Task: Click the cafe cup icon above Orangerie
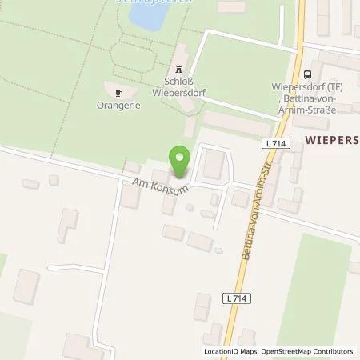point(120,91)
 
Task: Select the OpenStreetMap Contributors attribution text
point(314,351)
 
